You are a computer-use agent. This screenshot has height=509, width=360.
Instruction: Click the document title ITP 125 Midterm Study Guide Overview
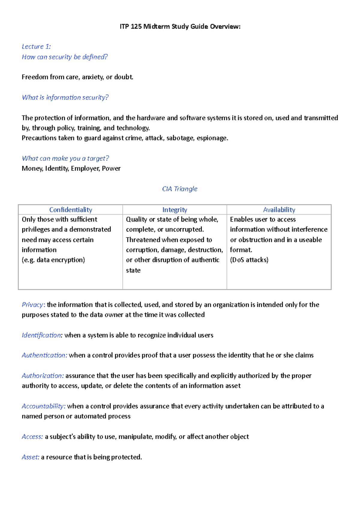click(180, 27)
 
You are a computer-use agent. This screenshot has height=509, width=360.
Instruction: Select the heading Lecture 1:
click(36, 46)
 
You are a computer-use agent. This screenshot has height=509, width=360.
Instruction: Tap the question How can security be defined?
click(64, 57)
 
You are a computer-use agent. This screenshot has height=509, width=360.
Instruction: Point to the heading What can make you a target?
click(65, 158)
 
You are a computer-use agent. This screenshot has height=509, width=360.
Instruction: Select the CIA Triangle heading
click(180, 189)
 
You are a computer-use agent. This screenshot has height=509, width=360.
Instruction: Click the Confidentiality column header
click(70, 210)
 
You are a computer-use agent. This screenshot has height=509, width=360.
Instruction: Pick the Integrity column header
click(175, 210)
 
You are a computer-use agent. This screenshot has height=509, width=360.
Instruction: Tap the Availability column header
click(279, 210)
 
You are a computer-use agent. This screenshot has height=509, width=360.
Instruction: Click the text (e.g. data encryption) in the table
click(53, 260)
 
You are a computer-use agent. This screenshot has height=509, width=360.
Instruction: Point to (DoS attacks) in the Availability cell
click(249, 260)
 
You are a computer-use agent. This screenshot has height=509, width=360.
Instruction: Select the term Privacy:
click(33, 305)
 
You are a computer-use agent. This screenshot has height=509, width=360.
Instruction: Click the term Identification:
click(42, 335)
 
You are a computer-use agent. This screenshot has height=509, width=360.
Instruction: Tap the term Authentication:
click(44, 355)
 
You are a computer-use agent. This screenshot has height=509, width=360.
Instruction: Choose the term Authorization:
click(43, 376)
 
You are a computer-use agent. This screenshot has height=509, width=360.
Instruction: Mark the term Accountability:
click(43, 406)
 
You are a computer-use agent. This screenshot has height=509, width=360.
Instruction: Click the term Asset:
click(30, 457)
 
